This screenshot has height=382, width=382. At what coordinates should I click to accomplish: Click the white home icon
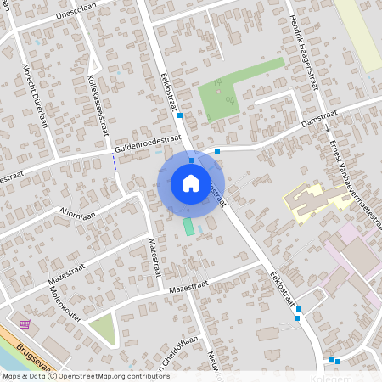point(191,183)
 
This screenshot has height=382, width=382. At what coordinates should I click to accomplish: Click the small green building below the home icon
point(188,227)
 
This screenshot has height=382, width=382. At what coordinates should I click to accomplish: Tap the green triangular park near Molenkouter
point(102,327)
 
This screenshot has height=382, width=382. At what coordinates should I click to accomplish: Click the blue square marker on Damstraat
point(217,152)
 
